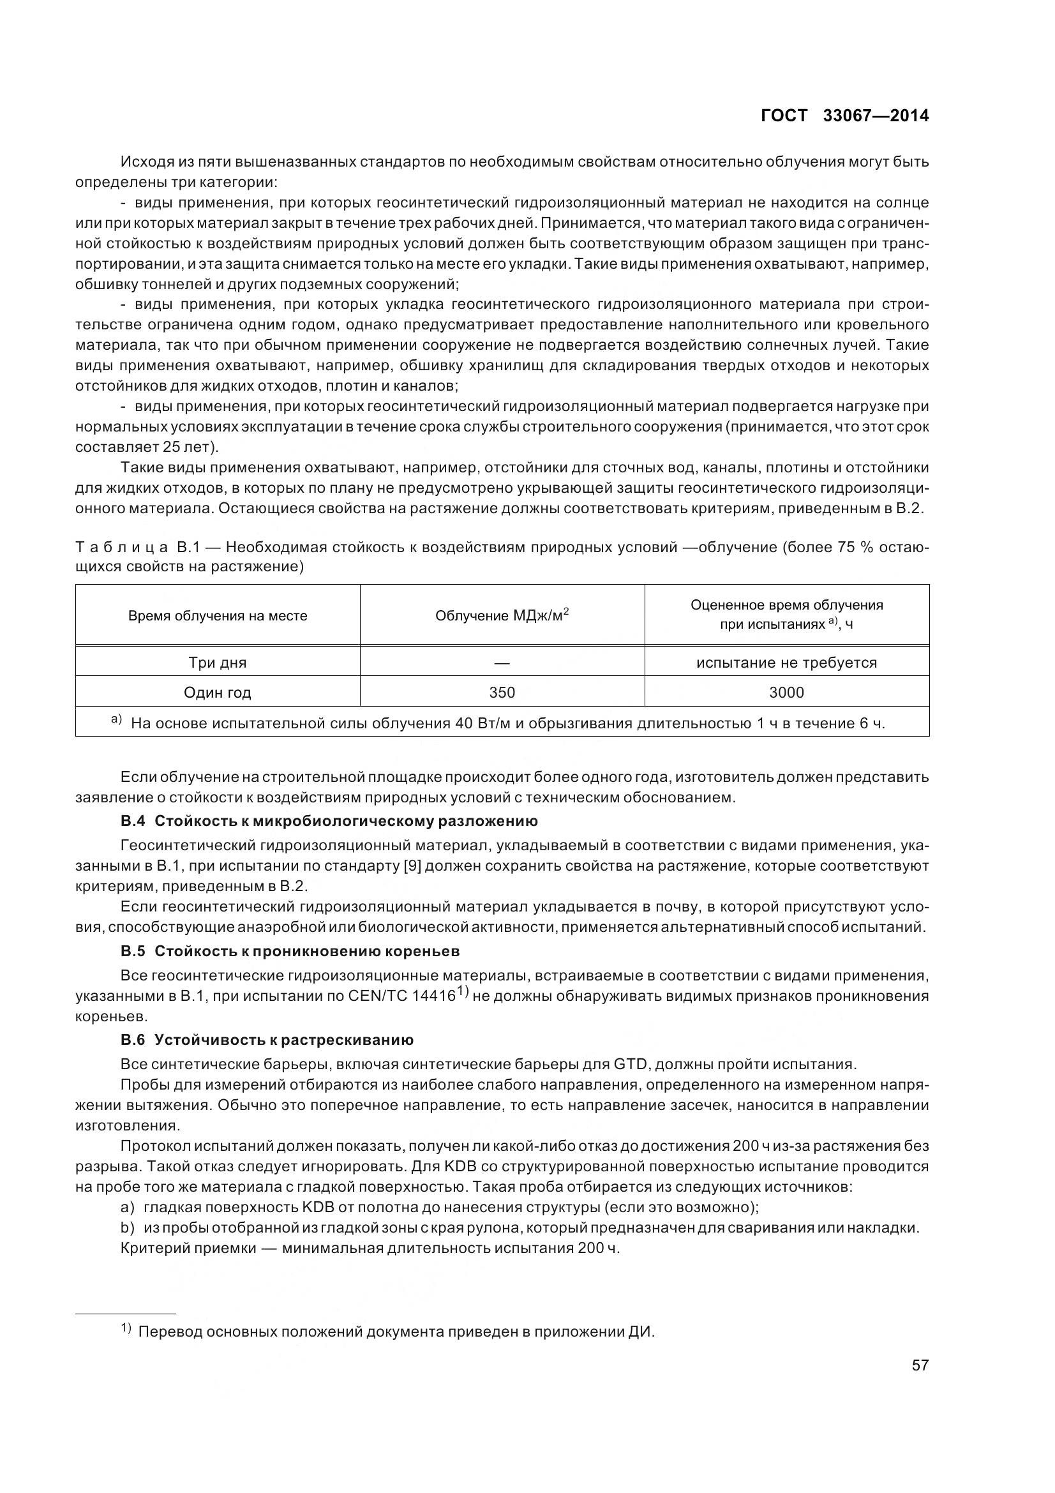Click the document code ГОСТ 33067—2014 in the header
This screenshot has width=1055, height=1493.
(844, 116)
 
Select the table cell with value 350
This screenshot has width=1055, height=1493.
(502, 693)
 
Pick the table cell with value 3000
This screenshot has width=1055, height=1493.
(786, 693)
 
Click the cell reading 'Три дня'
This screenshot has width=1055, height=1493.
(217, 663)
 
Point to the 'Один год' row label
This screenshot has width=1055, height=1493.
(217, 693)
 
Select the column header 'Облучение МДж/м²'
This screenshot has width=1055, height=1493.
(502, 615)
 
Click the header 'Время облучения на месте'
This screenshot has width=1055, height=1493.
(217, 616)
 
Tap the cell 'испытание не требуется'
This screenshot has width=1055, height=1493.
(786, 663)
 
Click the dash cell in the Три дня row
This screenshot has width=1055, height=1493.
(502, 663)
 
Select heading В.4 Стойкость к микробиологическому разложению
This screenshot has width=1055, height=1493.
(329, 822)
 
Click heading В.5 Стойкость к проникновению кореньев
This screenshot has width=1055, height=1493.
(290, 951)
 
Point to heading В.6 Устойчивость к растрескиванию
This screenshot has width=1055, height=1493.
(267, 1040)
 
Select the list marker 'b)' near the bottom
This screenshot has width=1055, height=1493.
(128, 1227)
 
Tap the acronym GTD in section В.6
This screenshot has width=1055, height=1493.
(629, 1065)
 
